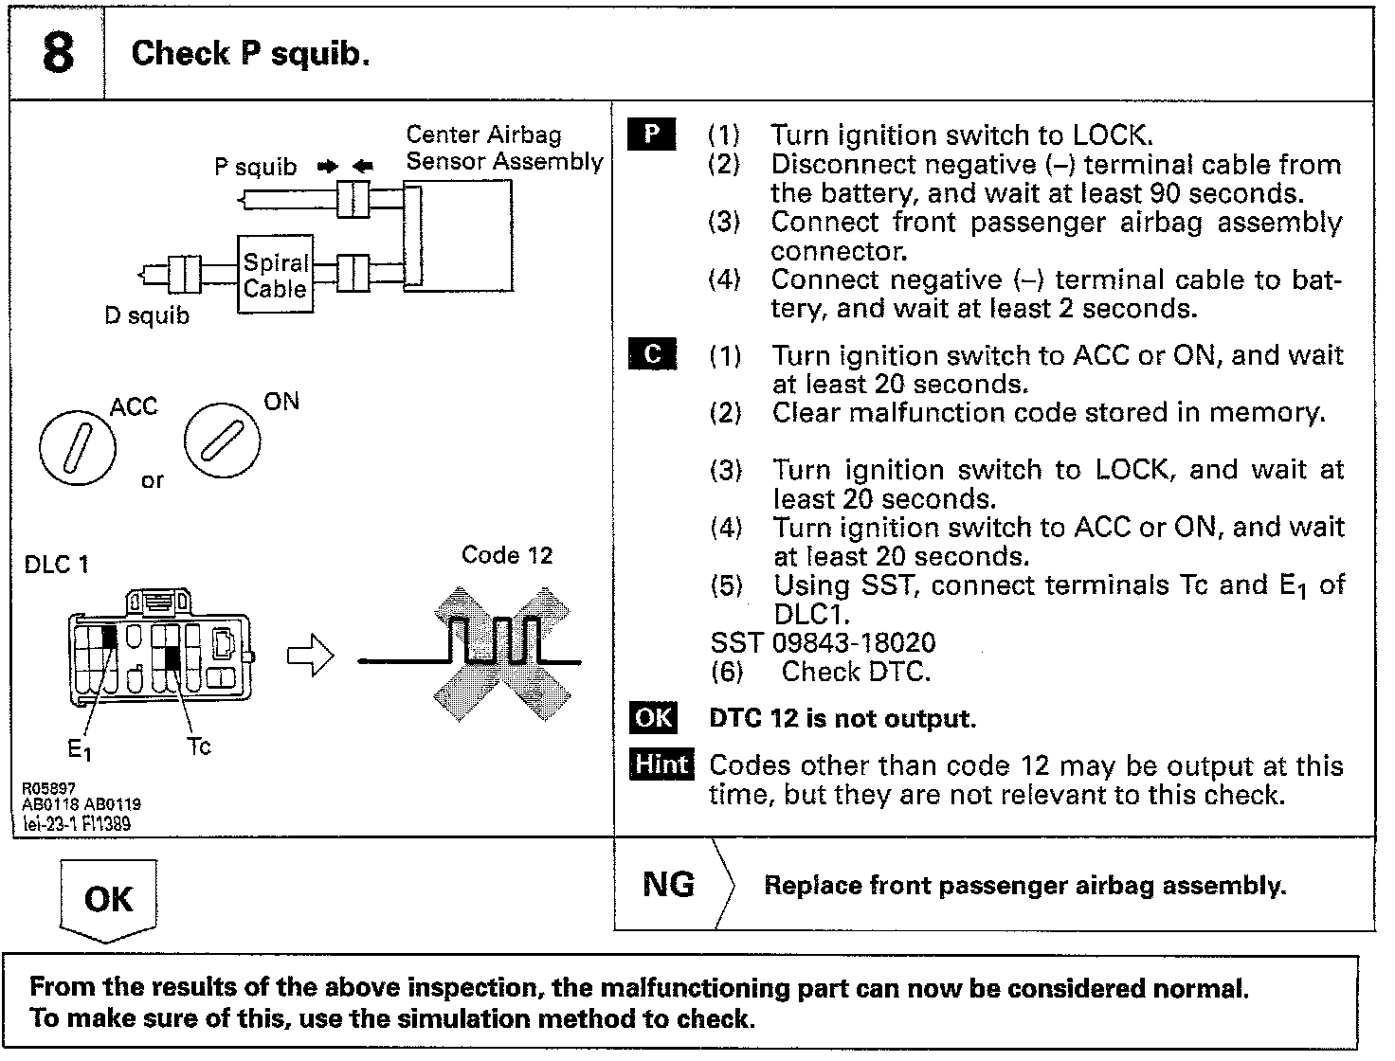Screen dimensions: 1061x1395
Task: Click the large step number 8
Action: tap(57, 53)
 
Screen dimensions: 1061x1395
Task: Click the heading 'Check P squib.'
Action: tap(250, 53)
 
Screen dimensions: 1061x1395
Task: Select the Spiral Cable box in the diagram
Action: tap(275, 275)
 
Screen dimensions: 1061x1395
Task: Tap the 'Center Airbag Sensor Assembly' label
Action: tap(503, 149)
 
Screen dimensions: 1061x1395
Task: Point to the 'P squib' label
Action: tap(255, 168)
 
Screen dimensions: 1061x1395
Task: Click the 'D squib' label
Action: tap(147, 315)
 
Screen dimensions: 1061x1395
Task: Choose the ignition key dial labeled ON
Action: tap(222, 441)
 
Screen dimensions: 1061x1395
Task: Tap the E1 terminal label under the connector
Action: tap(80, 750)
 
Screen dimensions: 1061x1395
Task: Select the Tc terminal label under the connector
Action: tap(198, 746)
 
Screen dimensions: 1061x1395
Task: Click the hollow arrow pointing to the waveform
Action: tap(311, 656)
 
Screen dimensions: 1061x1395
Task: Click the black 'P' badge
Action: tap(652, 135)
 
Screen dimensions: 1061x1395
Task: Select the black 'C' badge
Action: tap(652, 354)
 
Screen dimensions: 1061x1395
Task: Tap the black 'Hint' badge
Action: tap(661, 764)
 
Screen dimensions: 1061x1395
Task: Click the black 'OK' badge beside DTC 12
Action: tap(653, 718)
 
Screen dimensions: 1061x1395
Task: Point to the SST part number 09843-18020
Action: tap(854, 643)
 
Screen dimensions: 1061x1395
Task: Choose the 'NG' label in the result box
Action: tap(668, 885)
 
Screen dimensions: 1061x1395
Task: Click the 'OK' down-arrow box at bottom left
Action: tap(108, 899)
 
